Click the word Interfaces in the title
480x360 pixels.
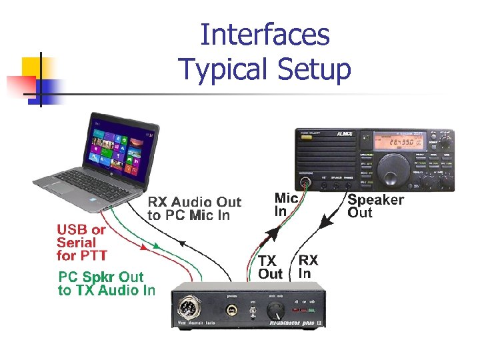coord(265,35)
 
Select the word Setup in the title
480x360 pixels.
coord(313,69)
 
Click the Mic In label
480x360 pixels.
coord(286,205)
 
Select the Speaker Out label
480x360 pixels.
coord(375,206)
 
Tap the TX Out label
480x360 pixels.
coord(271,267)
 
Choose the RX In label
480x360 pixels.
coord(308,266)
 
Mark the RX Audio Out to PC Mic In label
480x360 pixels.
coord(194,208)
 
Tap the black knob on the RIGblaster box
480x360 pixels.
coord(274,311)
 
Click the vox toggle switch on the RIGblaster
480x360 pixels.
coord(253,312)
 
